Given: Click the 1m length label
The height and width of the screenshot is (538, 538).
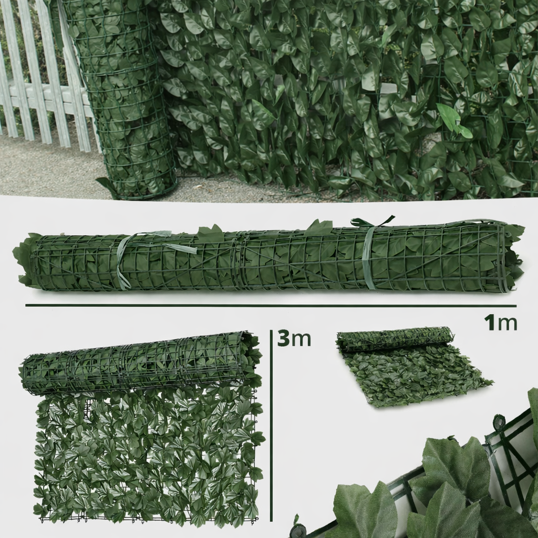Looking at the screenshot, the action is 500,323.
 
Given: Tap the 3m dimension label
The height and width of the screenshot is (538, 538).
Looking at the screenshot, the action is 294,338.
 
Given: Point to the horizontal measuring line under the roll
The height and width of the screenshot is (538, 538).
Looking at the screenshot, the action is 271,305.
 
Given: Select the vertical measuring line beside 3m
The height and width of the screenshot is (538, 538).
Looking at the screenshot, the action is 271,426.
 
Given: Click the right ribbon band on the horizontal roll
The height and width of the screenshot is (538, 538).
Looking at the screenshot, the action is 368,258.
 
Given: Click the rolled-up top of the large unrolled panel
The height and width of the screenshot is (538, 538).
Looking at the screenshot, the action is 141,364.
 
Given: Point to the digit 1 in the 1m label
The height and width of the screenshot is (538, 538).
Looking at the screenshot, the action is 489,323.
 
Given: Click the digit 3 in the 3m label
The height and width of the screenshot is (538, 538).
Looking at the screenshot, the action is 283,338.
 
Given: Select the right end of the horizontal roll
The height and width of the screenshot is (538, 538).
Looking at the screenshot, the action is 511,257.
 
